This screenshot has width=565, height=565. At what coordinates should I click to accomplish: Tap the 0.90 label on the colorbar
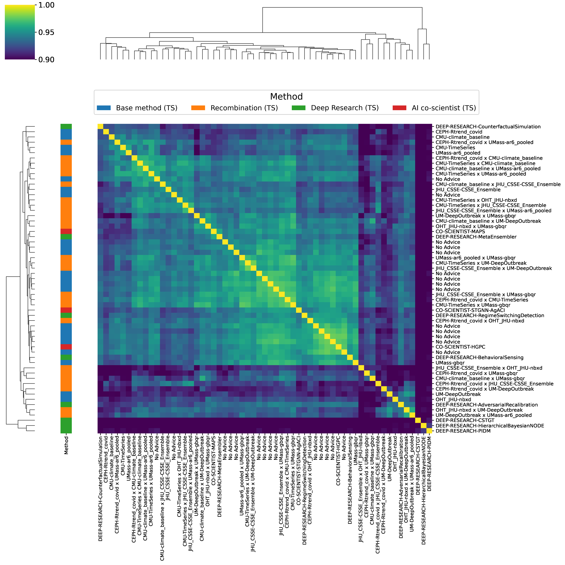46,60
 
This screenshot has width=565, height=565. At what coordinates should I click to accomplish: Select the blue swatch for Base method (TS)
104,108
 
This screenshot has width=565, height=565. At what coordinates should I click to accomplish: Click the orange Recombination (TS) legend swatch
198,108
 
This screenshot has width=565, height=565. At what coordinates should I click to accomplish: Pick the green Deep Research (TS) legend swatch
299,108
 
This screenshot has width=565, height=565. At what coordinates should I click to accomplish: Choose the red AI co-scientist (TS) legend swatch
399,108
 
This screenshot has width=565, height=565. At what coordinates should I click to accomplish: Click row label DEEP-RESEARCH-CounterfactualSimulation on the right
488,127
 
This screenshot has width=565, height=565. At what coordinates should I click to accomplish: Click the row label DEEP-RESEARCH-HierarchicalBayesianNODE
490,426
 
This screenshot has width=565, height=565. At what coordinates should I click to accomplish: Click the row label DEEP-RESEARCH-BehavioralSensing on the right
479,357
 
